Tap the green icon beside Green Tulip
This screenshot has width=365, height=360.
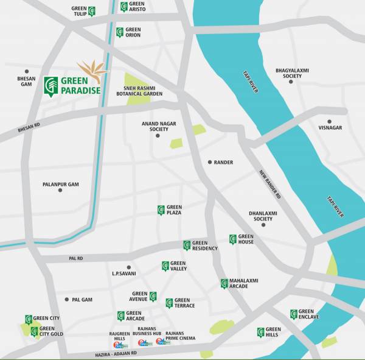point(91,11)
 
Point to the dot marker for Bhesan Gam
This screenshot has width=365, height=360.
point(27,71)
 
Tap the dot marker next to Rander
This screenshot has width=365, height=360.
point(210,163)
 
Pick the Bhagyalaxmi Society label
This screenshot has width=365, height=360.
point(292,74)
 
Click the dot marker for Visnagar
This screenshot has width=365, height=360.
point(329,121)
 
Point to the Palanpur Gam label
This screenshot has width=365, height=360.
point(61,184)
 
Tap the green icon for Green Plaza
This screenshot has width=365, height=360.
point(161,210)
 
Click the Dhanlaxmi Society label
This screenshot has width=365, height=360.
point(263,216)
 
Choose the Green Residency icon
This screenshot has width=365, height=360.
point(187,245)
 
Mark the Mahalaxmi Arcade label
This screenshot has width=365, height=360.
point(243,283)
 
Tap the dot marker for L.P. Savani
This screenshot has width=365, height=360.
point(128,267)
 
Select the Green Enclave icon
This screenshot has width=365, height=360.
point(294,314)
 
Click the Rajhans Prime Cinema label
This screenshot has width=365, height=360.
point(180,336)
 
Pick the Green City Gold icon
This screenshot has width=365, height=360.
point(34,331)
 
